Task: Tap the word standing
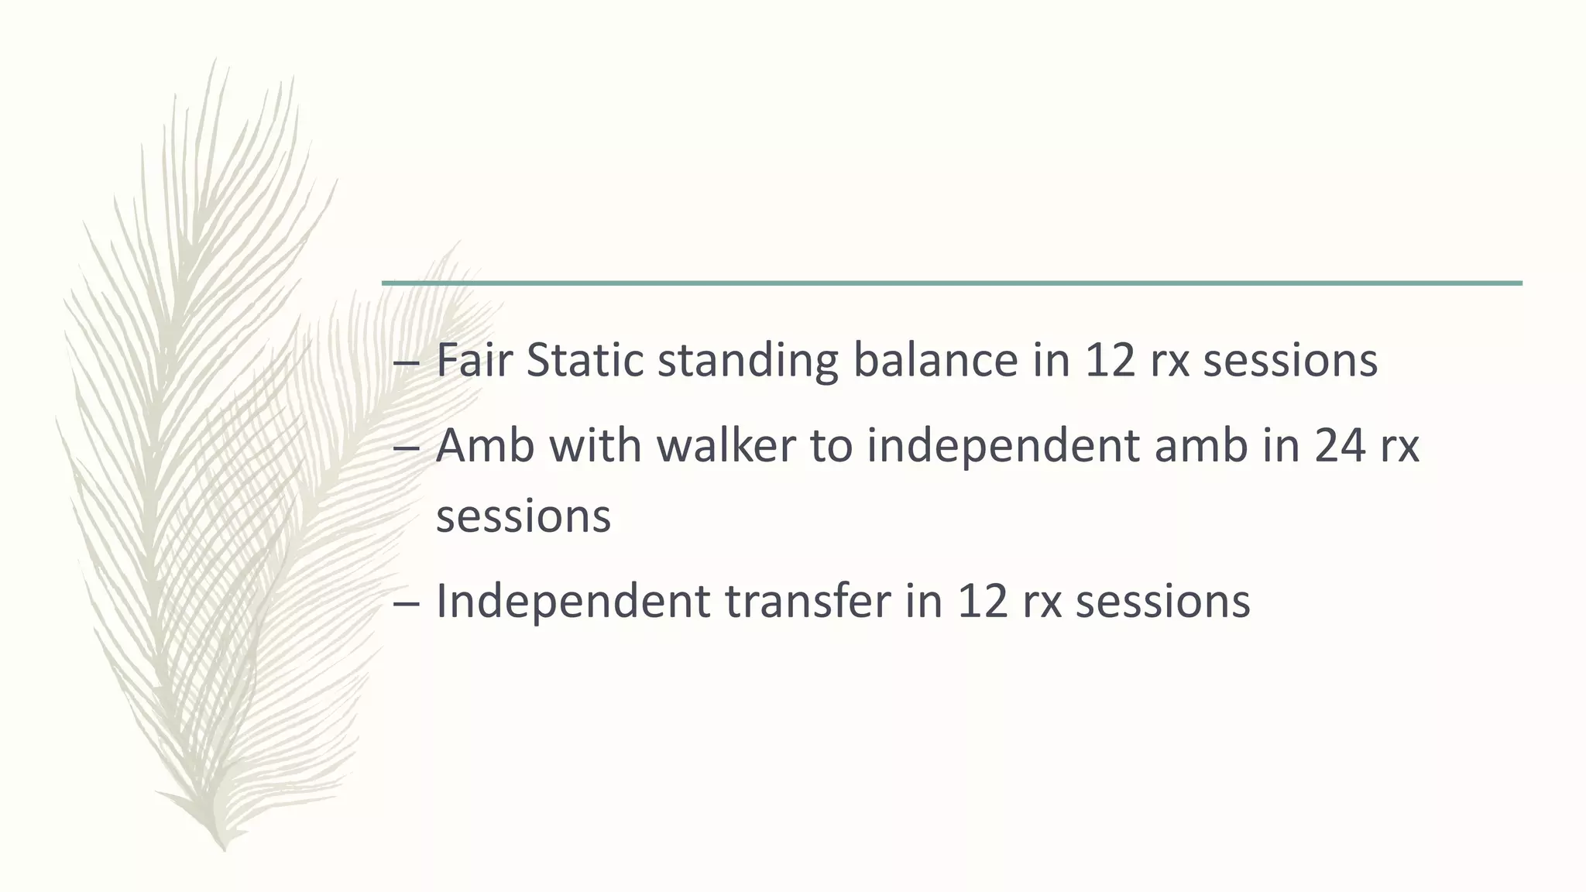(x=748, y=362)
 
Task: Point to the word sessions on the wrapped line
(x=524, y=516)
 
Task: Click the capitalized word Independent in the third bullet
(x=573, y=602)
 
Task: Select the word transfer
(x=808, y=602)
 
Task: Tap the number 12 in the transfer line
(x=983, y=602)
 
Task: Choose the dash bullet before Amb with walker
(x=407, y=448)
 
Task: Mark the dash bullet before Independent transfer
(x=407, y=603)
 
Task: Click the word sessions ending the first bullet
(x=1290, y=362)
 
